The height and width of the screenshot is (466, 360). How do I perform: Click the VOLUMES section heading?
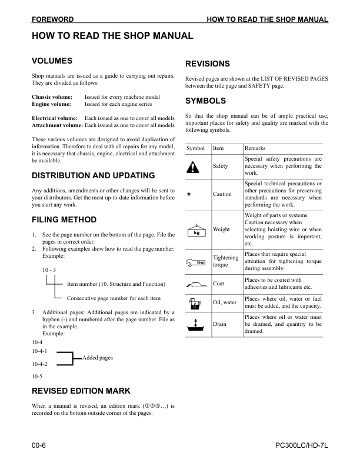click(52, 61)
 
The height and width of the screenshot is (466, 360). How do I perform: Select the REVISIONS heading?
click(207, 64)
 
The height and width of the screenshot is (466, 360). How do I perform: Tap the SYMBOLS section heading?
click(205, 101)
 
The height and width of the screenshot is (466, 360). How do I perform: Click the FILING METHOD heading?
click(64, 220)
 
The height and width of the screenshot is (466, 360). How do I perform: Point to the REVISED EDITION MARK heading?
click(81, 391)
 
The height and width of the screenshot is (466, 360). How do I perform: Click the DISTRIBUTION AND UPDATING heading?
click(93, 175)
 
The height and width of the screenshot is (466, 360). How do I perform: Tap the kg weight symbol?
click(196, 230)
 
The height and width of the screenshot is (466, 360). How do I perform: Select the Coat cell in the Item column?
click(218, 284)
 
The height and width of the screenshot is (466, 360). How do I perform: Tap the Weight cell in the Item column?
click(221, 229)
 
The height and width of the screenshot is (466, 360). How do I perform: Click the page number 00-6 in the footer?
click(39, 447)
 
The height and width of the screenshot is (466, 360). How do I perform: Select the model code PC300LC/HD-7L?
click(301, 447)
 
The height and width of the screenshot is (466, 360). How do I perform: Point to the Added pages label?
click(98, 358)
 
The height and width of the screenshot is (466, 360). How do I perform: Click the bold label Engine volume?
click(51, 104)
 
